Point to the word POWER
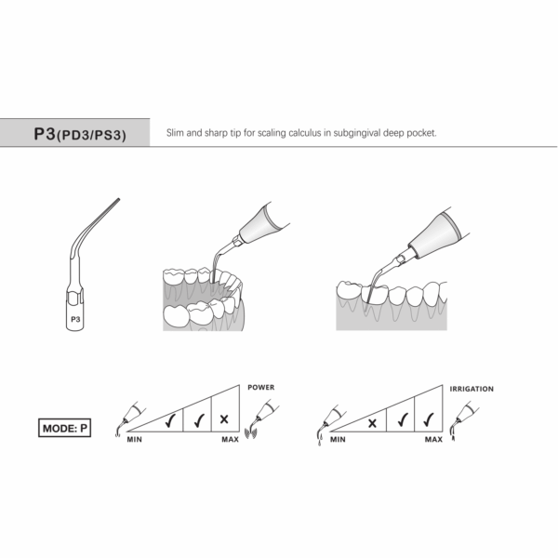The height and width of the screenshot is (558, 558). pos(260,387)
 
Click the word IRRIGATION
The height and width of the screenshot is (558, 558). pos(472,389)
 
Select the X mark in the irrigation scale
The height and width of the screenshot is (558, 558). pos(372,422)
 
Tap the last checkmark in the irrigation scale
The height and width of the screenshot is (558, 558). pos(430,419)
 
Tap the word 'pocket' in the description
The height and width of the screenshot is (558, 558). pos(422,133)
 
